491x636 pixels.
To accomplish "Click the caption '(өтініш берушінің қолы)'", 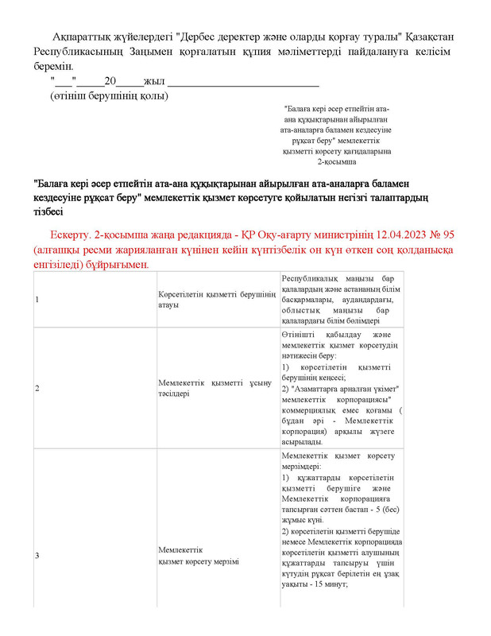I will tap(109, 96).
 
